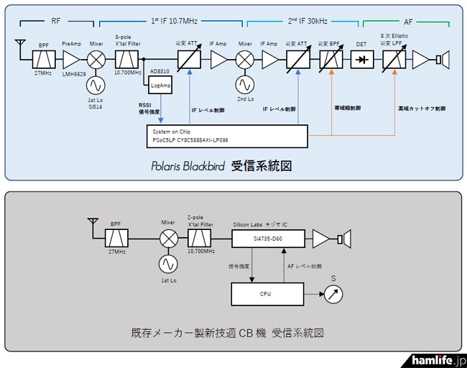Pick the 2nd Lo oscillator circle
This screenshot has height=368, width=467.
pos(244,84)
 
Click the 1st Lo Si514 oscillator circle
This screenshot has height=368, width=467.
pos(96,84)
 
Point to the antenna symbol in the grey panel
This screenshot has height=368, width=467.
pos(91,219)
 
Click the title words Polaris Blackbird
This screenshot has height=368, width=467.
pos(190,167)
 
